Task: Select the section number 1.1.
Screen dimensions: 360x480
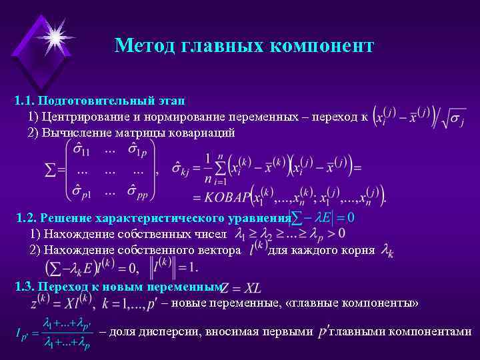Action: (25, 101)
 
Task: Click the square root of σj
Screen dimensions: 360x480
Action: (453, 119)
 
